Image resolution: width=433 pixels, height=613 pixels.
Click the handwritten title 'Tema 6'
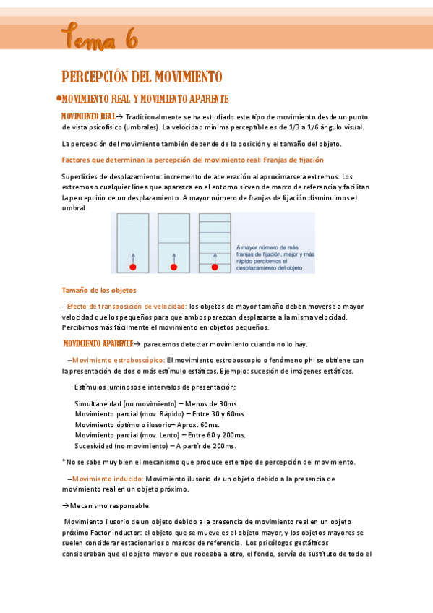coord(100,37)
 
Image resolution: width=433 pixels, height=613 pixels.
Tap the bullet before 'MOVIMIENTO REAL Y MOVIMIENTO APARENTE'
coord(58,98)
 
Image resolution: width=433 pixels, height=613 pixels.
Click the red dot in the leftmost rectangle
coord(132,267)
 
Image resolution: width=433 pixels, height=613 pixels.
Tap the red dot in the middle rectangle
coord(173,267)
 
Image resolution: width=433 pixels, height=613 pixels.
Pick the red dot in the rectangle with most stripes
coord(215,267)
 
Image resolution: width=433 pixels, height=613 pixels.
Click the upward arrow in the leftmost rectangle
coord(132,256)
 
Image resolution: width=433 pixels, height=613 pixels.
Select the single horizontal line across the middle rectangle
coord(173,241)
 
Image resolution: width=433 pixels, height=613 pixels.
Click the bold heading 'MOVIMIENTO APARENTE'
coord(98,343)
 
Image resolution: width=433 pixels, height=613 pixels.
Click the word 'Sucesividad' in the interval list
coord(95,445)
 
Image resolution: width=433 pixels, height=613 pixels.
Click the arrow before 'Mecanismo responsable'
coord(66,506)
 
